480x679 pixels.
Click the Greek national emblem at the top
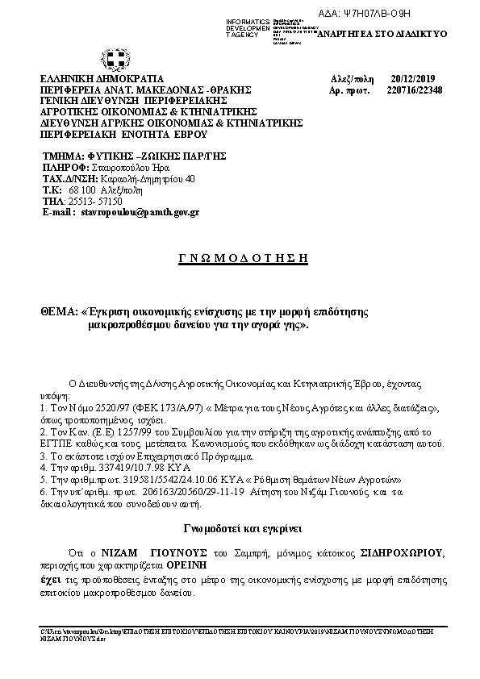point(114,60)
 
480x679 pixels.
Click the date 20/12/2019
point(411,79)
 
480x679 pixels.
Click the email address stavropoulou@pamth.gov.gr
point(140,212)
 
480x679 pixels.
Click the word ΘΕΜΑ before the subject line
point(56,310)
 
